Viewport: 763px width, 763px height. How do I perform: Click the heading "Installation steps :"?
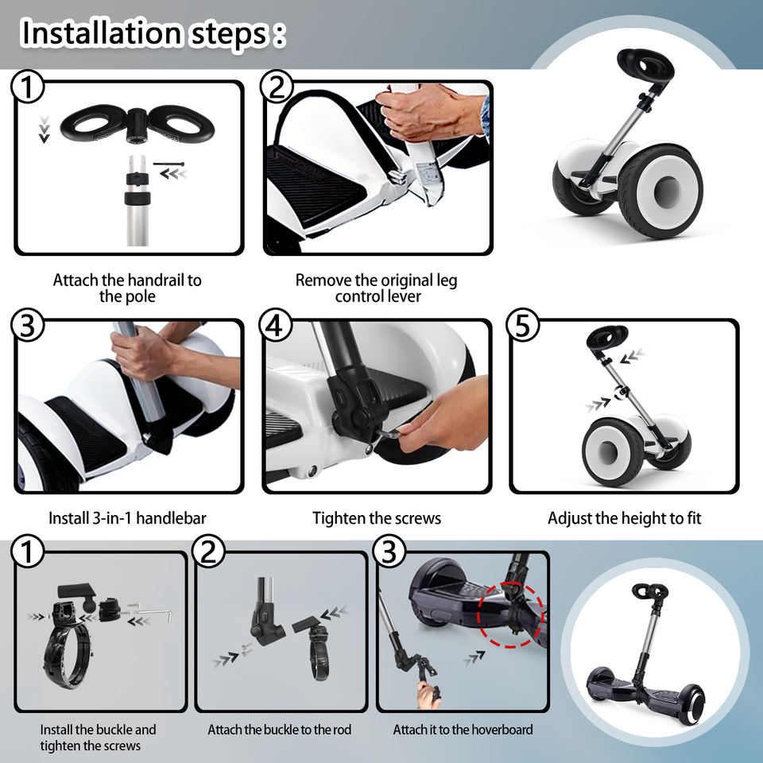153,33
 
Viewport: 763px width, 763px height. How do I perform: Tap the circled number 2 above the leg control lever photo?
277,87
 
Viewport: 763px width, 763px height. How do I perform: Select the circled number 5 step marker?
523,325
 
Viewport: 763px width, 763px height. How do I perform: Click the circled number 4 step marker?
276,325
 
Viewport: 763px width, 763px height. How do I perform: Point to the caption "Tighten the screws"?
377,518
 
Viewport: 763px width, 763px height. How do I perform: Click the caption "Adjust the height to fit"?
625,518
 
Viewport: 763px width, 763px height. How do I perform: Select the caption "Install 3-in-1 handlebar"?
127,518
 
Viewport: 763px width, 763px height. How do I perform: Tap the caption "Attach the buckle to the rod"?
279,730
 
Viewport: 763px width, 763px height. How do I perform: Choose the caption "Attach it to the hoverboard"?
463,730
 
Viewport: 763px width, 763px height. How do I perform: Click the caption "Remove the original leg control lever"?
377,288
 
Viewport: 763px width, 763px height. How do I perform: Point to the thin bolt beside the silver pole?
168,164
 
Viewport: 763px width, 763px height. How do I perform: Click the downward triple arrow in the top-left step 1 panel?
45,130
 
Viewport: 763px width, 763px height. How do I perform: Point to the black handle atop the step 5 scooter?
606,336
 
